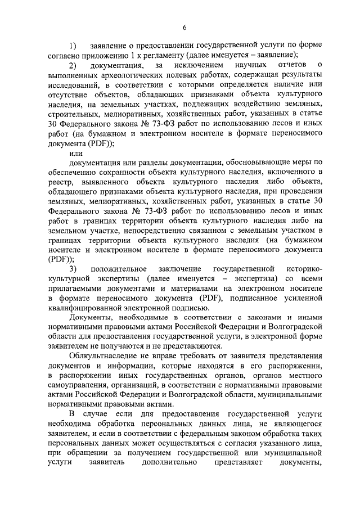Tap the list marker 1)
coord(73,45)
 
